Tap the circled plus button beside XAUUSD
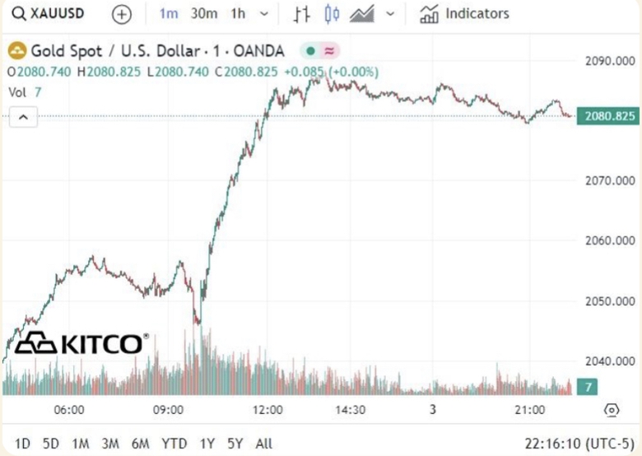click(x=121, y=14)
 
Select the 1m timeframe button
click(x=168, y=14)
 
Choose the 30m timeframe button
click(x=203, y=14)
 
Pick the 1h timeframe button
click(x=238, y=14)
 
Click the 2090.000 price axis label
click(x=609, y=61)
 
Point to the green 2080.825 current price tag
click(x=607, y=116)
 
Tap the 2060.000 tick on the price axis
click(x=609, y=240)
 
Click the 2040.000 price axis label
click(x=609, y=361)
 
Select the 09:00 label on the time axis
click(x=168, y=409)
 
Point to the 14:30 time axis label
click(x=350, y=409)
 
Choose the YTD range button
click(x=174, y=444)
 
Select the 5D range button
click(x=51, y=444)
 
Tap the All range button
click(x=264, y=444)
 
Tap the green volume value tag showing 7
click(x=588, y=387)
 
